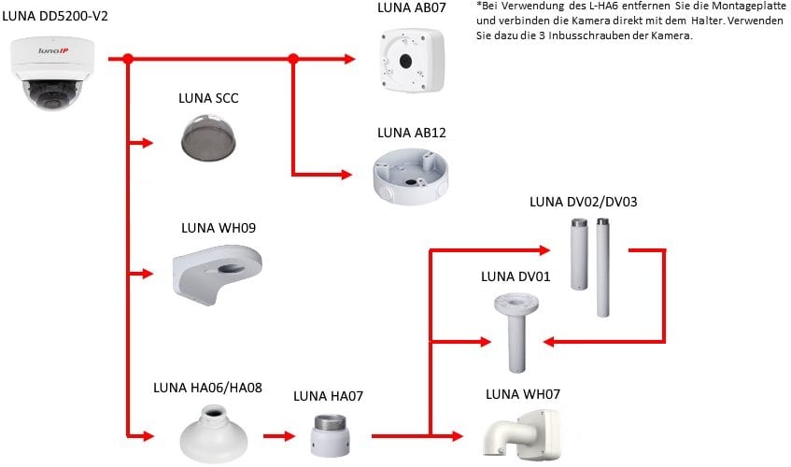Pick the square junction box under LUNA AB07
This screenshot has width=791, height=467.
[412, 59]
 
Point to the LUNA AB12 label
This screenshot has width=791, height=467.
[411, 133]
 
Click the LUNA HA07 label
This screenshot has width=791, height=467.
[328, 396]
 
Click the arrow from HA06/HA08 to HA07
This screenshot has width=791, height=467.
[277, 435]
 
